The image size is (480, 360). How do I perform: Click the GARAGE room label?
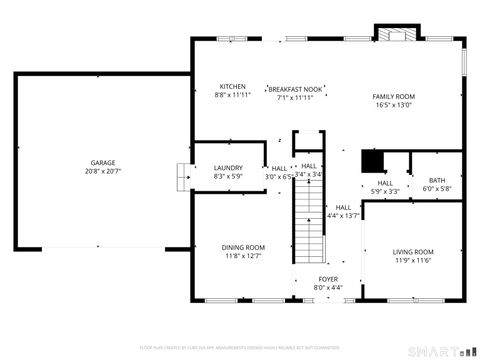[103, 163]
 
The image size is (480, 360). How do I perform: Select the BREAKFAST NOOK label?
[296, 89]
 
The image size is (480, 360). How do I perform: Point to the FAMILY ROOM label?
[394, 96]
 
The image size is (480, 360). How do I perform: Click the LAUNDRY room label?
[228, 167]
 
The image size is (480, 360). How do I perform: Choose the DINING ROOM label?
[243, 247]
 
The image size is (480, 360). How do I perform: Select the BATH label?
[437, 180]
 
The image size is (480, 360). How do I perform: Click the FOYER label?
[328, 279]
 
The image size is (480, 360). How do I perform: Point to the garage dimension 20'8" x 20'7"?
[103, 171]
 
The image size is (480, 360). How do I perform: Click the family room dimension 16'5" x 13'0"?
[394, 104]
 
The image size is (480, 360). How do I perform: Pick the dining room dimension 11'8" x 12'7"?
[243, 255]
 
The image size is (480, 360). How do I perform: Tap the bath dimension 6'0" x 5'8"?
[437, 188]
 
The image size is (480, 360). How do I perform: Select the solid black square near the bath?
[372, 162]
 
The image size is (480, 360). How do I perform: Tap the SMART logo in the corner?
[441, 350]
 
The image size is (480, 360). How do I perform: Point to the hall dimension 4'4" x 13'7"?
[345, 215]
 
